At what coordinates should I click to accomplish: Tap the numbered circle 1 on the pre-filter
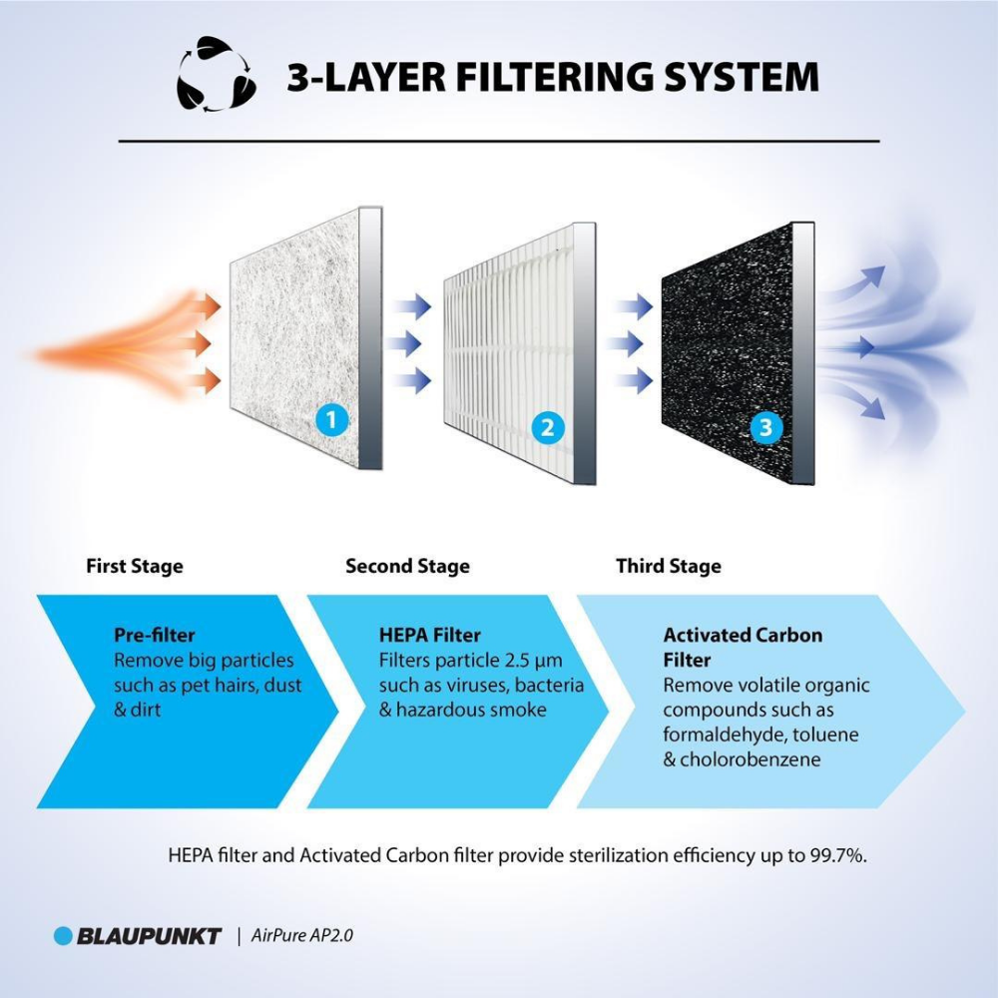(332, 421)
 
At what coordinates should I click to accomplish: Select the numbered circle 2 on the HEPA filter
(546, 429)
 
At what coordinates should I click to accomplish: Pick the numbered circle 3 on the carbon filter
(765, 428)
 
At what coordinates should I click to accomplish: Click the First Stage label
(135, 566)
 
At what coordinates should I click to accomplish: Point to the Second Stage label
(407, 566)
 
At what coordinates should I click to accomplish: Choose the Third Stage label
(669, 566)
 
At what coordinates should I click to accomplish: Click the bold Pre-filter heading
(155, 635)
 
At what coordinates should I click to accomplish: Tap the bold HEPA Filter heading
(430, 635)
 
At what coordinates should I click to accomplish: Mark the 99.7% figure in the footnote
(832, 855)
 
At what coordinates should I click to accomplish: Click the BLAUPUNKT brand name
(150, 936)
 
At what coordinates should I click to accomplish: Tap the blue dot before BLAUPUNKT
(64, 936)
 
